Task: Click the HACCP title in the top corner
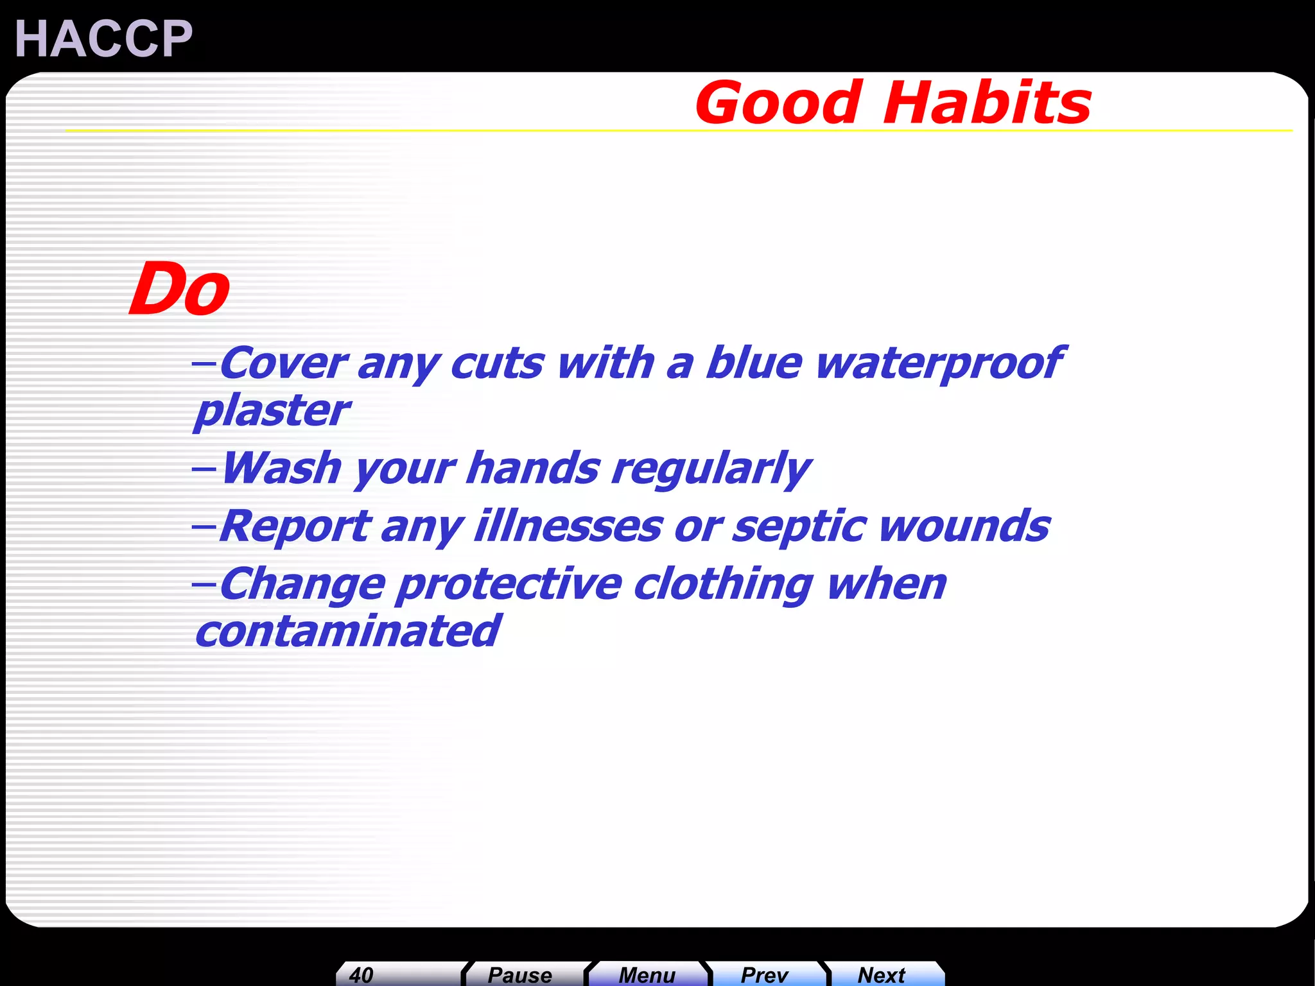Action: tap(103, 39)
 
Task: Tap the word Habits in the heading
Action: tap(987, 103)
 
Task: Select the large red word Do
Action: tap(179, 290)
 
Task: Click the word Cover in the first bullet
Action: tap(283, 363)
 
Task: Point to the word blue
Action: tap(753, 363)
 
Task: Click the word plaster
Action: tap(272, 411)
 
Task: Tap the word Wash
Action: tap(281, 468)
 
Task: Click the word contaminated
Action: tap(347, 632)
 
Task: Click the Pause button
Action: tap(519, 974)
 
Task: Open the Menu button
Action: tap(647, 974)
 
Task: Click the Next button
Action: tap(881, 974)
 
